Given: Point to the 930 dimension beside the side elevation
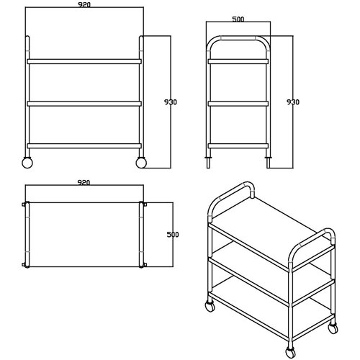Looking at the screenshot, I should (x=293, y=102).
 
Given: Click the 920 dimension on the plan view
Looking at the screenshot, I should (x=84, y=184).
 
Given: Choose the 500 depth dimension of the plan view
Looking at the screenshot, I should (x=172, y=235).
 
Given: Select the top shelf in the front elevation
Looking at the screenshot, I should (x=84, y=60).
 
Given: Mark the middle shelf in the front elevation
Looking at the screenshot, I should (x=84, y=104).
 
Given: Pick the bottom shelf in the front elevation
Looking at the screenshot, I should (x=84, y=145).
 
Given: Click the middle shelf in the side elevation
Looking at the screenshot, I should (x=238, y=104).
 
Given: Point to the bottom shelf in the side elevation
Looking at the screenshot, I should (x=238, y=145).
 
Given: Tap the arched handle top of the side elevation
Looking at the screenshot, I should (x=238, y=40).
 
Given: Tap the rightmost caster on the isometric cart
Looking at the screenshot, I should (x=333, y=328).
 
